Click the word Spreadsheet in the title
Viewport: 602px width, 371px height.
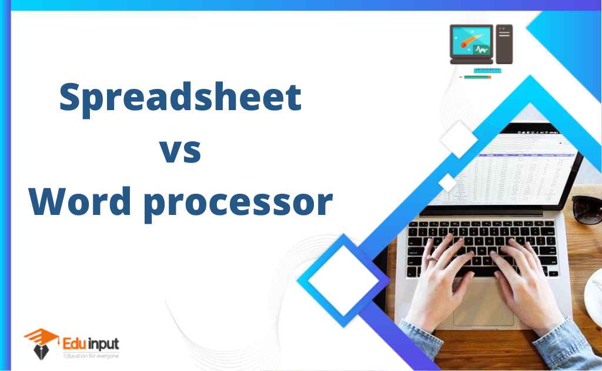180,99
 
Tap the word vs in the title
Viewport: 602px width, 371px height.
180,152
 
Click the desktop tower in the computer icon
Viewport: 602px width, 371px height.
504,44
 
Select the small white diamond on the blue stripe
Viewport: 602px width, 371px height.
447,183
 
